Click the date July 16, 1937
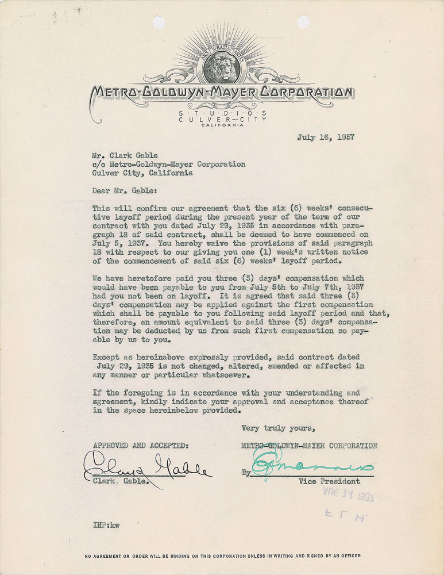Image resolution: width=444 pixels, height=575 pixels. coord(325,137)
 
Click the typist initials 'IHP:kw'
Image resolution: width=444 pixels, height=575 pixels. coord(106,524)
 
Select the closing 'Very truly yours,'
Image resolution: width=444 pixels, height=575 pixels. coord(278,428)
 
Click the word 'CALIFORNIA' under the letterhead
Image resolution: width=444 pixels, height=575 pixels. coord(222,125)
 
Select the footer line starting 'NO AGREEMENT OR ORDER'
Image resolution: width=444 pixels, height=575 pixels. coord(222,556)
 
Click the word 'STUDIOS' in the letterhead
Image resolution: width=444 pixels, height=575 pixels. coord(222,113)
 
